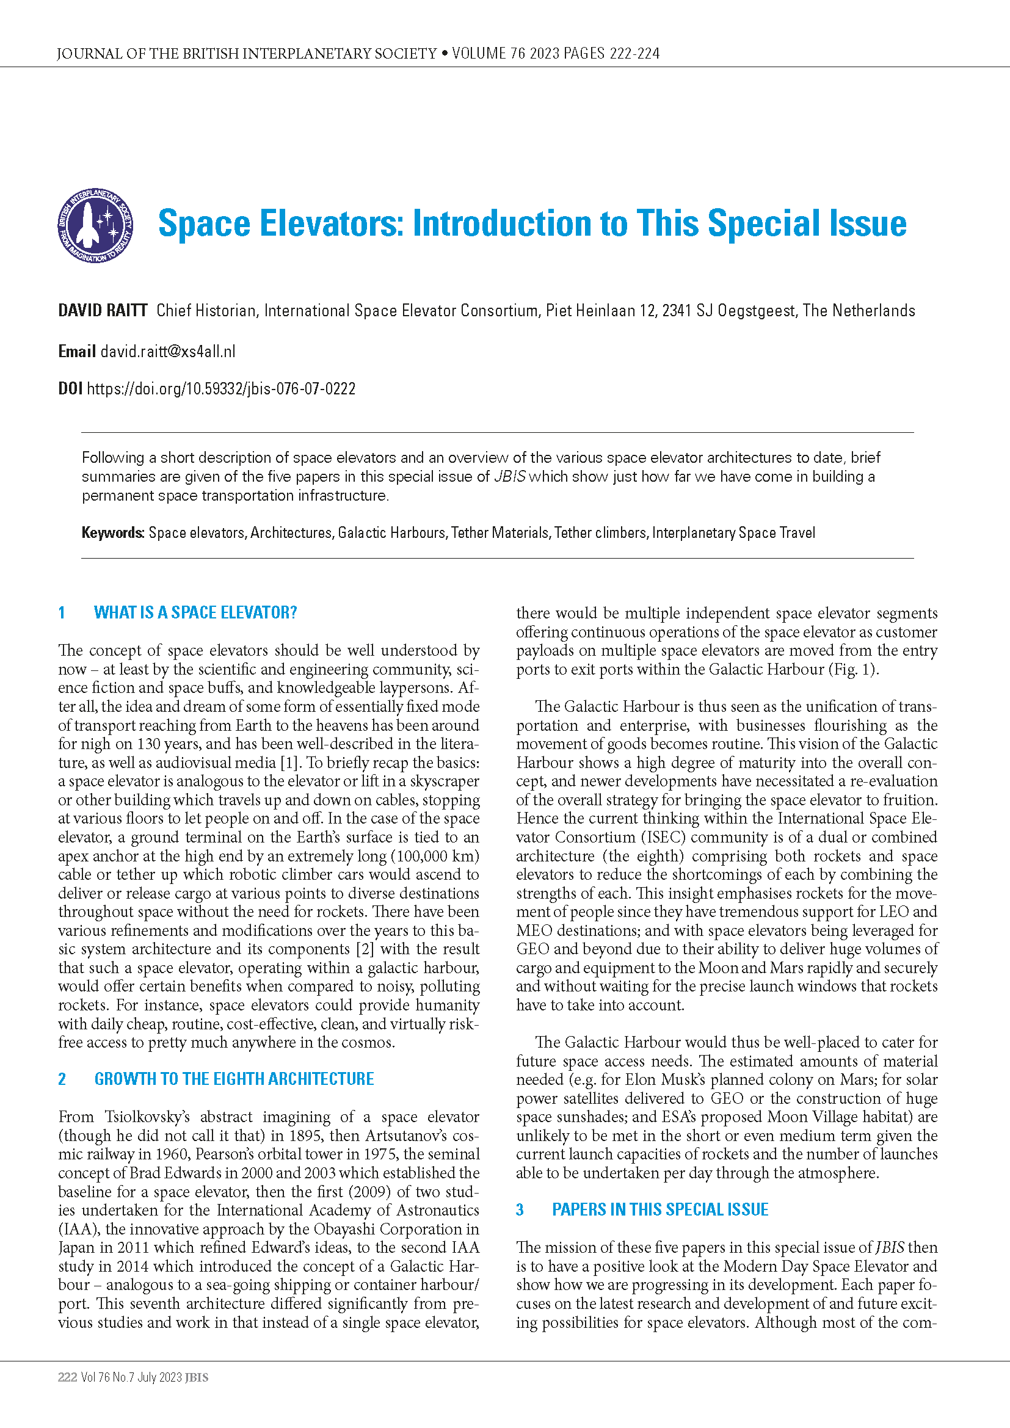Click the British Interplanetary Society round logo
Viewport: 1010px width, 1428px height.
(x=95, y=225)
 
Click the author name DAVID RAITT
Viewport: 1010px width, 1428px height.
(x=103, y=310)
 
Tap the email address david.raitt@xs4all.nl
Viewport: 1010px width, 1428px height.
(x=168, y=352)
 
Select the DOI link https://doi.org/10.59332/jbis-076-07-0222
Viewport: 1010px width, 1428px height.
(x=221, y=389)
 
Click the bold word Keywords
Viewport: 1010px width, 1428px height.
(x=112, y=533)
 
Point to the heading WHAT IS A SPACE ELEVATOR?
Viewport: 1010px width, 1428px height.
(x=195, y=612)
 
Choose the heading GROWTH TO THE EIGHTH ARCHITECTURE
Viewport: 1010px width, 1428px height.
(x=234, y=1078)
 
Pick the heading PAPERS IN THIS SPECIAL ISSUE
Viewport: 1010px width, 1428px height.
(x=660, y=1209)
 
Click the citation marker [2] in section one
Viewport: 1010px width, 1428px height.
(x=365, y=949)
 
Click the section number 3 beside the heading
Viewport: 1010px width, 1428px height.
(x=520, y=1209)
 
